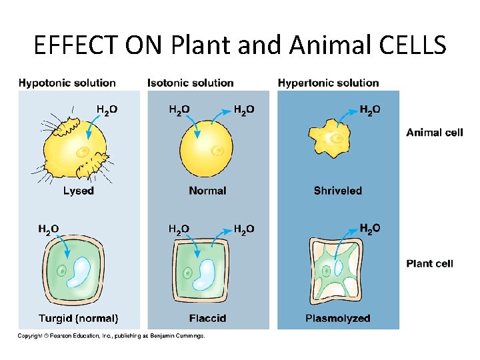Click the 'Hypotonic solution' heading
(x=67, y=83)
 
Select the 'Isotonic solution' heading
(x=190, y=83)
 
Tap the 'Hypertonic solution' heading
(x=328, y=83)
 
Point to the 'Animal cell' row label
(x=434, y=133)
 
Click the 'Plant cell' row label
(x=429, y=263)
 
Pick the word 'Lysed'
(x=78, y=191)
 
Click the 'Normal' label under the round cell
(x=207, y=191)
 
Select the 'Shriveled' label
(x=337, y=191)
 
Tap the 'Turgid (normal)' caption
(x=78, y=319)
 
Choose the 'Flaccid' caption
(x=207, y=319)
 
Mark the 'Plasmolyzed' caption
(x=337, y=319)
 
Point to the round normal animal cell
(x=207, y=147)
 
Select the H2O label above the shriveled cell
(x=370, y=109)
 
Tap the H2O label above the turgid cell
(x=48, y=229)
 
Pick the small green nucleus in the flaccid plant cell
(x=189, y=273)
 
